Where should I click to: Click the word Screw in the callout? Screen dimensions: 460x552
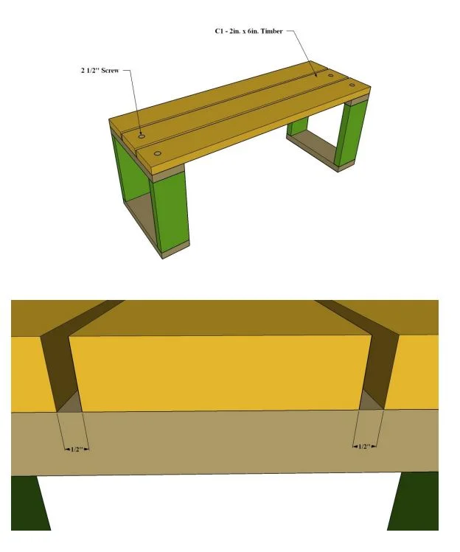coord(110,71)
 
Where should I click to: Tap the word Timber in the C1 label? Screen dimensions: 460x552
coord(271,32)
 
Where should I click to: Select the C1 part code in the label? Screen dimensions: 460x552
coord(220,32)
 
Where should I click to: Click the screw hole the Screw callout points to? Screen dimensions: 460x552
coord(142,136)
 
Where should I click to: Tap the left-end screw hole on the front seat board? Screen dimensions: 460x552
coord(158,153)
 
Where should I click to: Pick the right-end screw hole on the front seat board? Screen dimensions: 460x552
coord(352,85)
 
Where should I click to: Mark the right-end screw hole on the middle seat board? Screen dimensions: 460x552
coord(331,75)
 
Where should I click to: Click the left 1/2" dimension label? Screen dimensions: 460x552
coord(77,450)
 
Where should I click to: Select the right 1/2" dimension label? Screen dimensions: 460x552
coord(365,447)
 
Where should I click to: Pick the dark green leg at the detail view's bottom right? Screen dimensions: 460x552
coord(416,500)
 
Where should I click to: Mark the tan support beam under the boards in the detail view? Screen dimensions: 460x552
coord(225,441)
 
